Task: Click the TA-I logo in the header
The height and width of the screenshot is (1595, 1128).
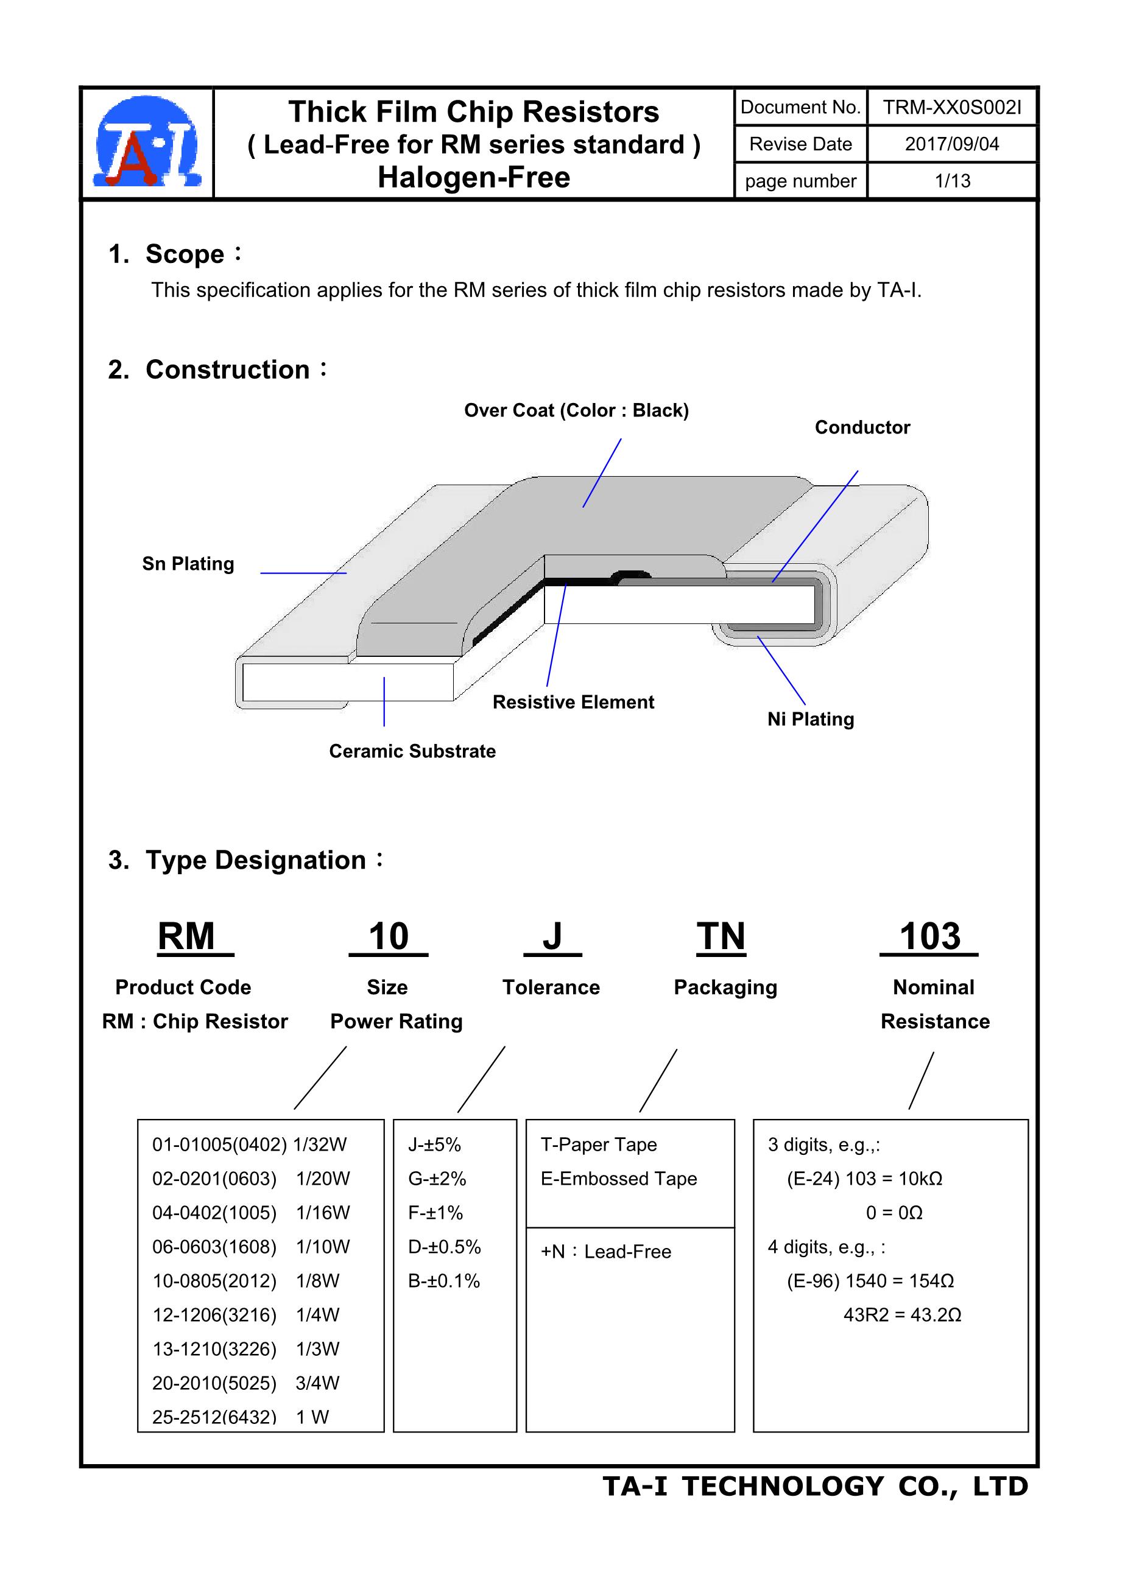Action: (147, 142)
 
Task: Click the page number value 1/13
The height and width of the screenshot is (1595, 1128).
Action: (952, 181)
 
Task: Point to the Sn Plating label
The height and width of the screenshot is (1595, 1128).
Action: (188, 564)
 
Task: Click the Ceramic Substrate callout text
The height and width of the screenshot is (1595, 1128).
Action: (412, 752)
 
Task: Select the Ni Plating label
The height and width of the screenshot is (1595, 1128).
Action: (811, 720)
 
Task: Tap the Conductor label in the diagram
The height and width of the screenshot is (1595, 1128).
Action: (862, 428)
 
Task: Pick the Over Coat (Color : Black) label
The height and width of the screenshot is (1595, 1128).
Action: (576, 410)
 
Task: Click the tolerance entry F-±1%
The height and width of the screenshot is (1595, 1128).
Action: (435, 1213)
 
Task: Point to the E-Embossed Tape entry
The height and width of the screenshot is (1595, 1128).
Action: (619, 1179)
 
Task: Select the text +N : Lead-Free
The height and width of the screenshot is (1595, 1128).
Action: (606, 1252)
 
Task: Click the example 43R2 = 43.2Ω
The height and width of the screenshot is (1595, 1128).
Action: (902, 1315)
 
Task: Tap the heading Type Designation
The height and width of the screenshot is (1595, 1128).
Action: (255, 861)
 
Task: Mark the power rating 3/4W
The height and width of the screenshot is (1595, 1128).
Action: (317, 1383)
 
